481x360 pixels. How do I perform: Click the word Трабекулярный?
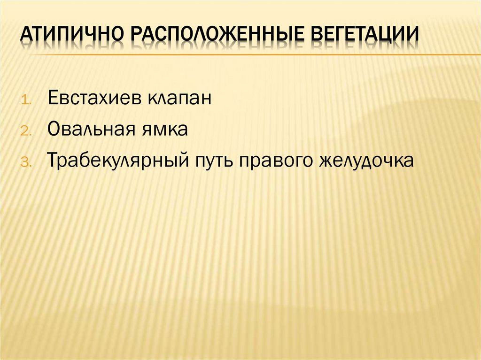(x=118, y=161)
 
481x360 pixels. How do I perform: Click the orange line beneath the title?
(x=244, y=55)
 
